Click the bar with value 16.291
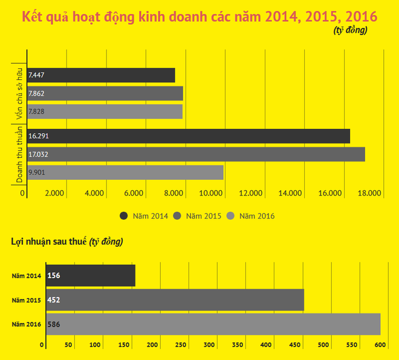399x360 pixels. (189, 136)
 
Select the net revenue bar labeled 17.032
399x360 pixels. (196, 154)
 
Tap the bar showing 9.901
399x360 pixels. (125, 172)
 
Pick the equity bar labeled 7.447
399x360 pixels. (101, 75)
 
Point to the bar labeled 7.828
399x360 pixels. (105, 111)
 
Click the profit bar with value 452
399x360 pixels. (174, 300)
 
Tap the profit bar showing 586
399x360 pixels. (212, 324)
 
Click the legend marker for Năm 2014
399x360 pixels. (125, 215)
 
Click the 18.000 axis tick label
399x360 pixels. (369, 193)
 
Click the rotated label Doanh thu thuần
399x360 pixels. (19, 154)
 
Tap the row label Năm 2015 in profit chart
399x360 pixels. (27, 300)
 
